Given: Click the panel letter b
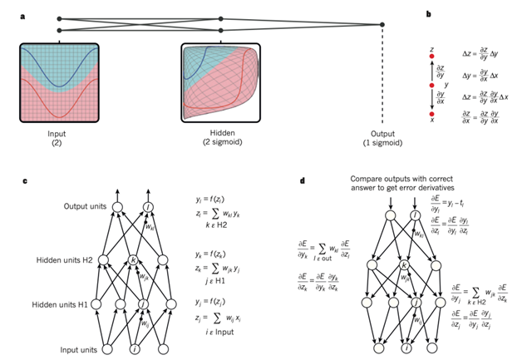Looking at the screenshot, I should coord(428,14).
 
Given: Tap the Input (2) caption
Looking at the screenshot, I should coord(58,135).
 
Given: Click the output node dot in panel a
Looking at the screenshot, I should coord(382,24).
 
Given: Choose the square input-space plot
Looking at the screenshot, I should coord(58,81).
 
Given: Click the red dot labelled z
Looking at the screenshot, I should coord(431,57).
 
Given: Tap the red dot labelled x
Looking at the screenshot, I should coord(431,113).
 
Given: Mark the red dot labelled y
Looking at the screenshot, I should coord(431,85).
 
